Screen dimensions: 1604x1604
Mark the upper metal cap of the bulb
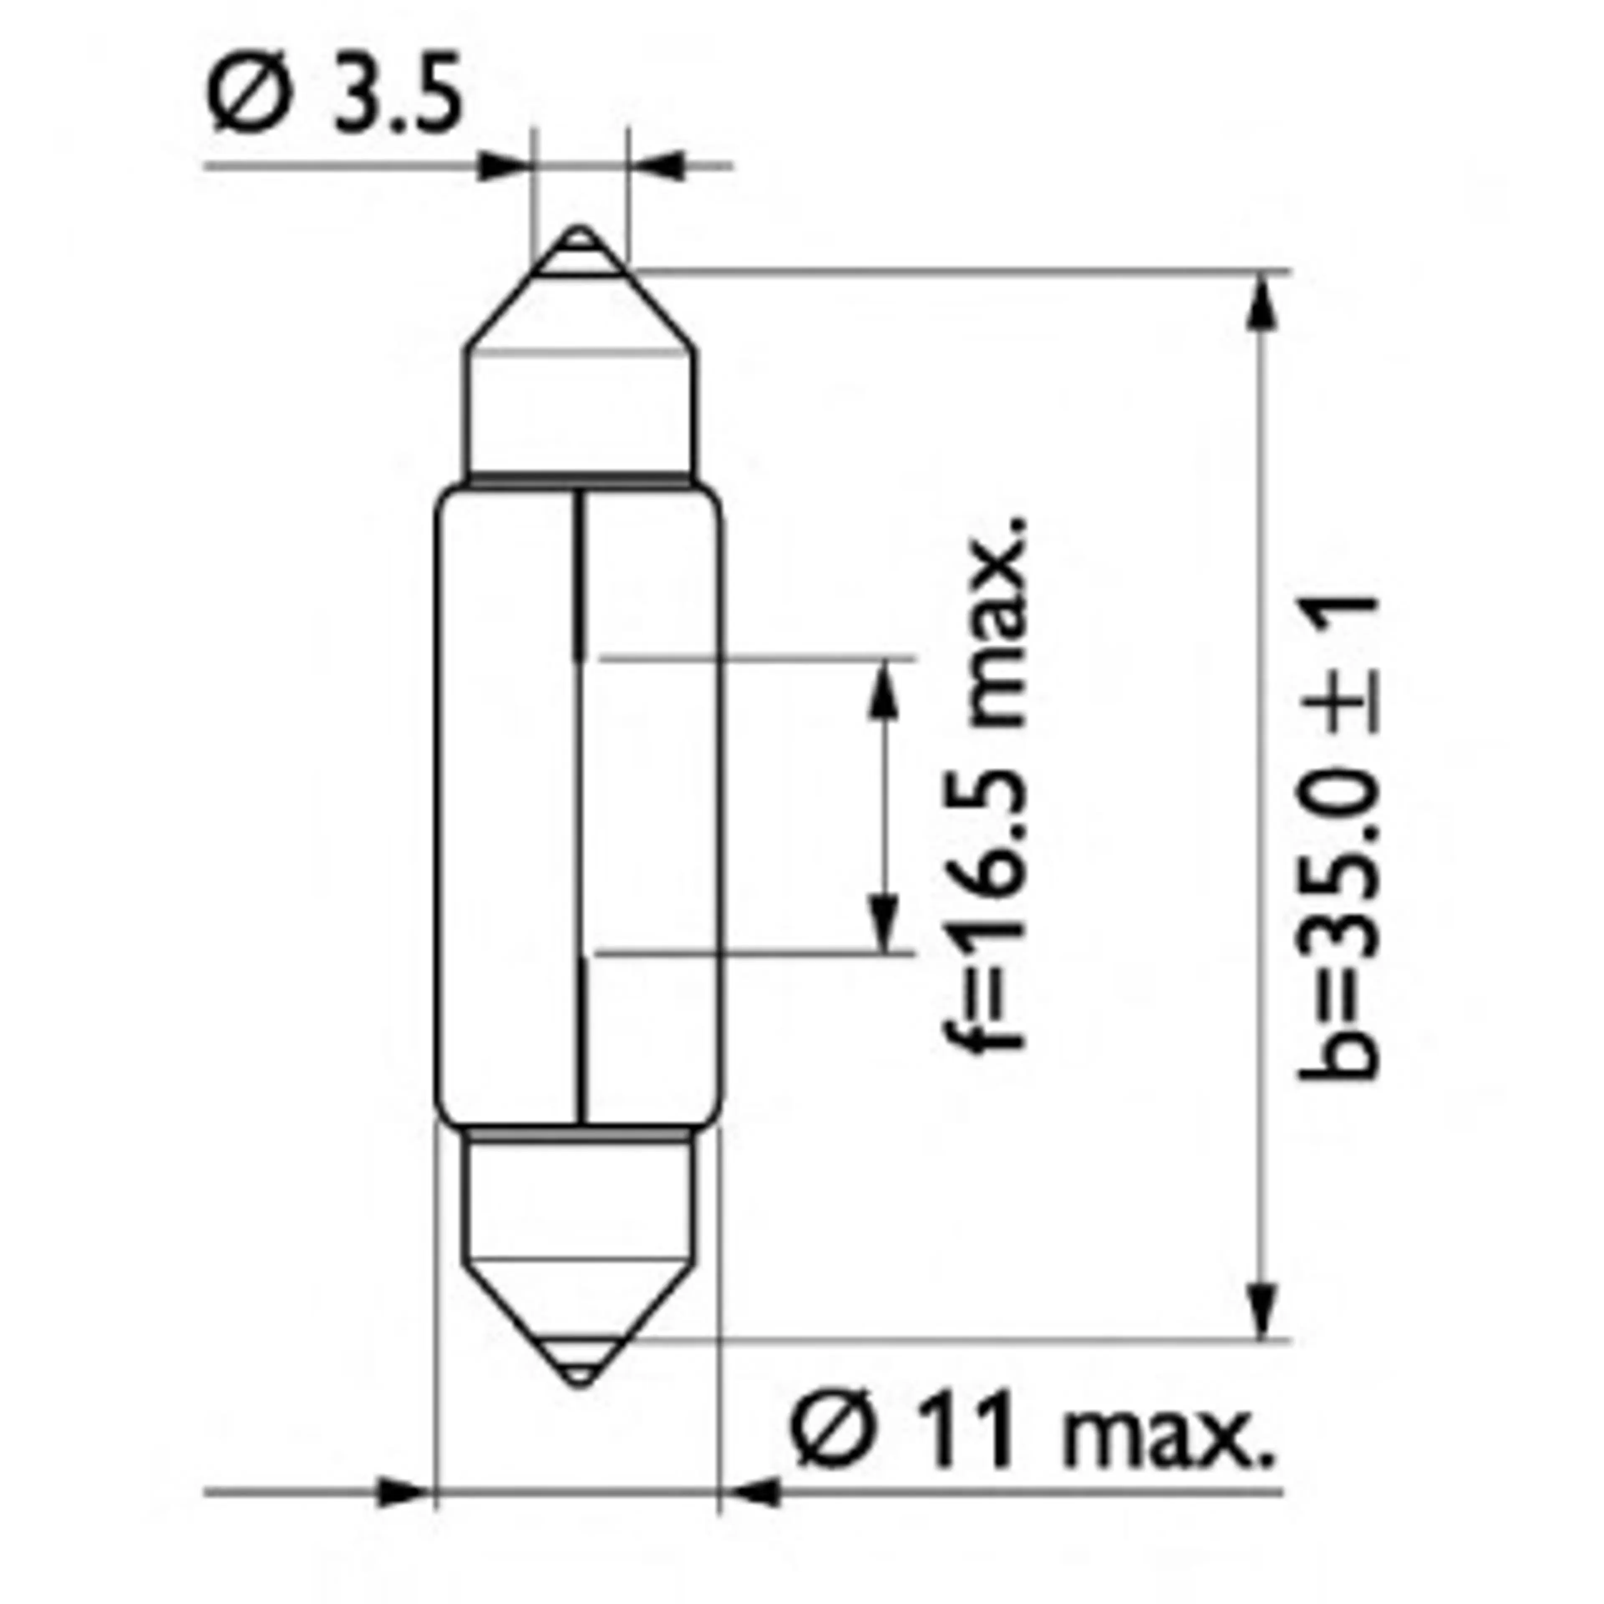[579, 398]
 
